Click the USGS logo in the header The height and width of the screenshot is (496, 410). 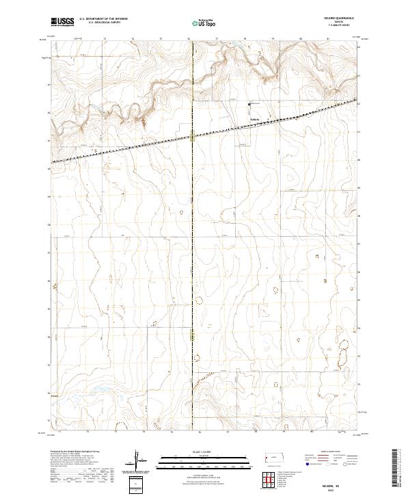pos(61,23)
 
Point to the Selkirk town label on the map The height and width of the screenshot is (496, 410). pos(254,123)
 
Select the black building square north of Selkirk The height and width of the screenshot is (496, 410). pos(249,104)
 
